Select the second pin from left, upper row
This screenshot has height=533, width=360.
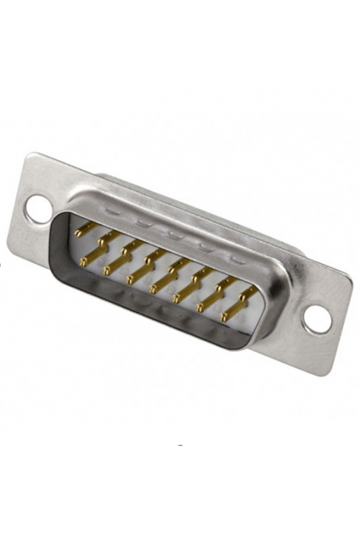coord(106,238)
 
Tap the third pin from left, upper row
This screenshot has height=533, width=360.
coord(129,248)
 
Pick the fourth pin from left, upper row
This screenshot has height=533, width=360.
coord(153,256)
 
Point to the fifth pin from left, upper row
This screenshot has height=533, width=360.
coord(176,265)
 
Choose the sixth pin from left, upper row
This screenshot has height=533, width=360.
coord(200,274)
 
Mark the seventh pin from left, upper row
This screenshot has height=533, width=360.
coord(224,283)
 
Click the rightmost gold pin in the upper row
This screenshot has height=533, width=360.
coord(247,292)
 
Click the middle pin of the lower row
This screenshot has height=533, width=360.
coord(156,287)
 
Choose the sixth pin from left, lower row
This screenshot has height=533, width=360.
coord(204,305)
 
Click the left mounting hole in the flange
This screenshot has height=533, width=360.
coord(38,208)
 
